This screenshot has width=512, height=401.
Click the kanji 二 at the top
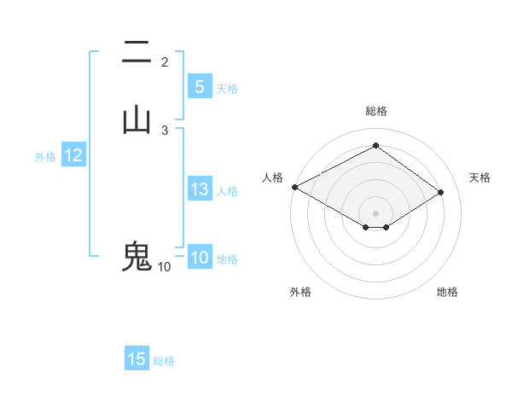pyautogui.click(x=137, y=54)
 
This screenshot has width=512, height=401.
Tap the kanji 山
pyautogui.click(x=137, y=120)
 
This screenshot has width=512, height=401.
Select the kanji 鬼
pyautogui.click(x=137, y=256)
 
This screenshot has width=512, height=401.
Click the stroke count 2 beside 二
pyautogui.click(x=165, y=62)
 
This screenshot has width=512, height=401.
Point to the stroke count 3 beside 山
pyautogui.click(x=165, y=130)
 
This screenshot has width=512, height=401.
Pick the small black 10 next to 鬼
pyautogui.click(x=164, y=266)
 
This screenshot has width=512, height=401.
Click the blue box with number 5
pyautogui.click(x=199, y=86)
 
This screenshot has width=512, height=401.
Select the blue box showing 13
pyautogui.click(x=199, y=189)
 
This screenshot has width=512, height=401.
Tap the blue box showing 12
pyautogui.click(x=73, y=155)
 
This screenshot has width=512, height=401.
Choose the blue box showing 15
pyautogui.click(x=137, y=359)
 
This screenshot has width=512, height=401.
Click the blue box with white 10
pyautogui.click(x=199, y=258)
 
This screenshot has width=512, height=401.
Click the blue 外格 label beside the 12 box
pyautogui.click(x=45, y=157)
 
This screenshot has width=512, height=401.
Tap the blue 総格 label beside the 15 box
pyautogui.click(x=164, y=361)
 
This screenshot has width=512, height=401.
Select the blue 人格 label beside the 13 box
pyautogui.click(x=228, y=191)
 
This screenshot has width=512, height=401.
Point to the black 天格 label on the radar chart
pyautogui.click(x=480, y=177)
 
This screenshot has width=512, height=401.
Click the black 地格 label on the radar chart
pyautogui.click(x=447, y=292)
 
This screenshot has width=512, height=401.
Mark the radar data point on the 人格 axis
pyautogui.click(x=294, y=187)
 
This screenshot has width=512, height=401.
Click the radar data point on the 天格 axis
pyautogui.click(x=441, y=193)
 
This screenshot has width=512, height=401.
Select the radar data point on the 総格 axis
pyautogui.click(x=375, y=146)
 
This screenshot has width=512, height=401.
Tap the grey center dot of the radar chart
pyautogui.click(x=375, y=212)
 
